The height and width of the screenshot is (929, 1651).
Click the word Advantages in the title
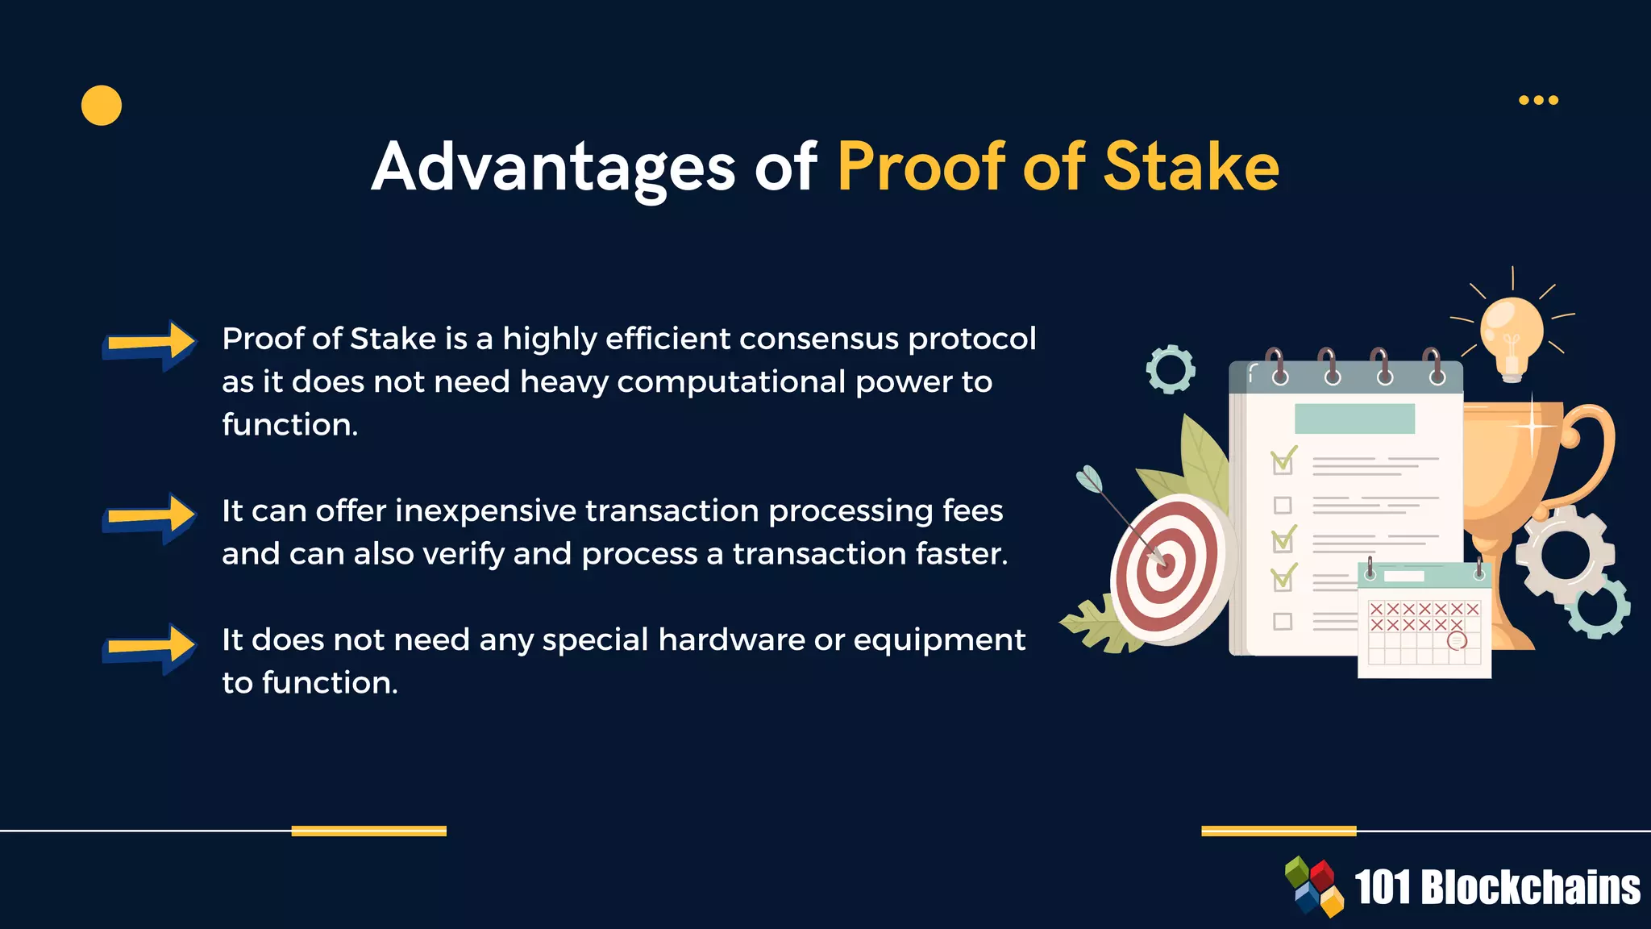(553, 167)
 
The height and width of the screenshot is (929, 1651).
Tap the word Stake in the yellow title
(1191, 167)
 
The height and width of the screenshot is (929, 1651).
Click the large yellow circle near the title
(102, 106)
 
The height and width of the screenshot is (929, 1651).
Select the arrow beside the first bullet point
(150, 344)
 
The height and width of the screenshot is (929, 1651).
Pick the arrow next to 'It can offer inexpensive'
(150, 517)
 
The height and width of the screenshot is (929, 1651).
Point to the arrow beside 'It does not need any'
(150, 648)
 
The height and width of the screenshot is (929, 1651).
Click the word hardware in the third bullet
(731, 640)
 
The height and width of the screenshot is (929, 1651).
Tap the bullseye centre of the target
(1163, 564)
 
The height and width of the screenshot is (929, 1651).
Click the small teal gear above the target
(1171, 369)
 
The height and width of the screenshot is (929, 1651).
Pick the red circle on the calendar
(1457, 641)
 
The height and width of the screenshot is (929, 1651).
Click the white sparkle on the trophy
(1532, 425)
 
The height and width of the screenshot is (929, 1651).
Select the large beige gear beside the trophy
(1564, 555)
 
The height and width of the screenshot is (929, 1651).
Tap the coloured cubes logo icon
(1314, 886)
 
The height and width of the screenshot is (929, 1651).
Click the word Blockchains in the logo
(1529, 888)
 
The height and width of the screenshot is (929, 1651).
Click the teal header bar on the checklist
(1354, 419)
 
